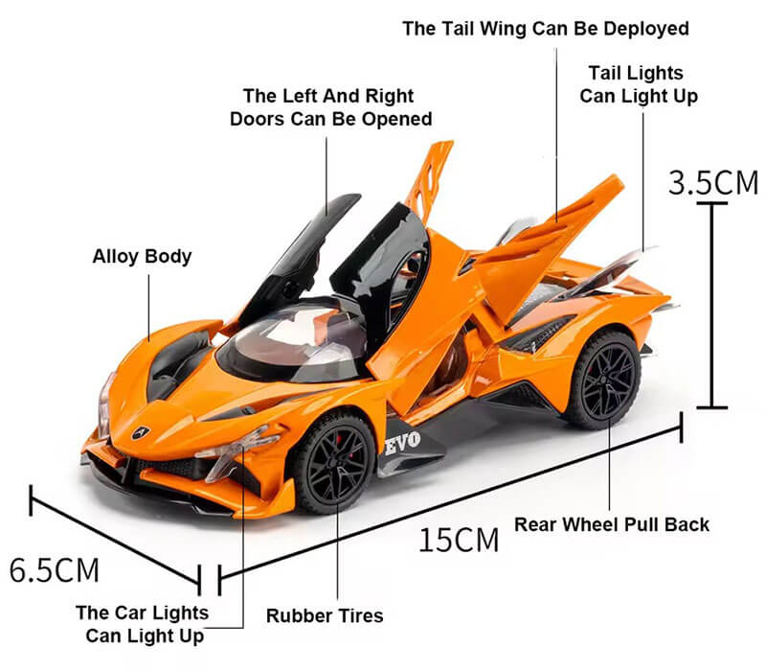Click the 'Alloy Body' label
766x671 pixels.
[142, 257]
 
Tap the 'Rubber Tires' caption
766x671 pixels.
[325, 615]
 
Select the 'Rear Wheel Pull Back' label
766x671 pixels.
[612, 524]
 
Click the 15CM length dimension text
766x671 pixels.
[459, 540]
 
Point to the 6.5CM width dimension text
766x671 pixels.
[55, 569]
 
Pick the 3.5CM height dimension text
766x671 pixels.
[713, 183]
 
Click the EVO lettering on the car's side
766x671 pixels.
[402, 443]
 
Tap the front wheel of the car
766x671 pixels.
[335, 462]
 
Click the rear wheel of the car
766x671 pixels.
[605, 380]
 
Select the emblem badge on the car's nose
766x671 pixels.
[141, 432]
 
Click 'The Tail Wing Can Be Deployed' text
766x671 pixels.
[546, 29]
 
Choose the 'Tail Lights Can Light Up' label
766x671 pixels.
[639, 84]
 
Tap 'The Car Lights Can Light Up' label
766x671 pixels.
[143, 624]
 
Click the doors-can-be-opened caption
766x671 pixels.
[330, 107]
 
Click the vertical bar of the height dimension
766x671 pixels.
[711, 305]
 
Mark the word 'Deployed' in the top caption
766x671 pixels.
[645, 30]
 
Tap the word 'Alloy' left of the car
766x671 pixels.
[115, 257]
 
